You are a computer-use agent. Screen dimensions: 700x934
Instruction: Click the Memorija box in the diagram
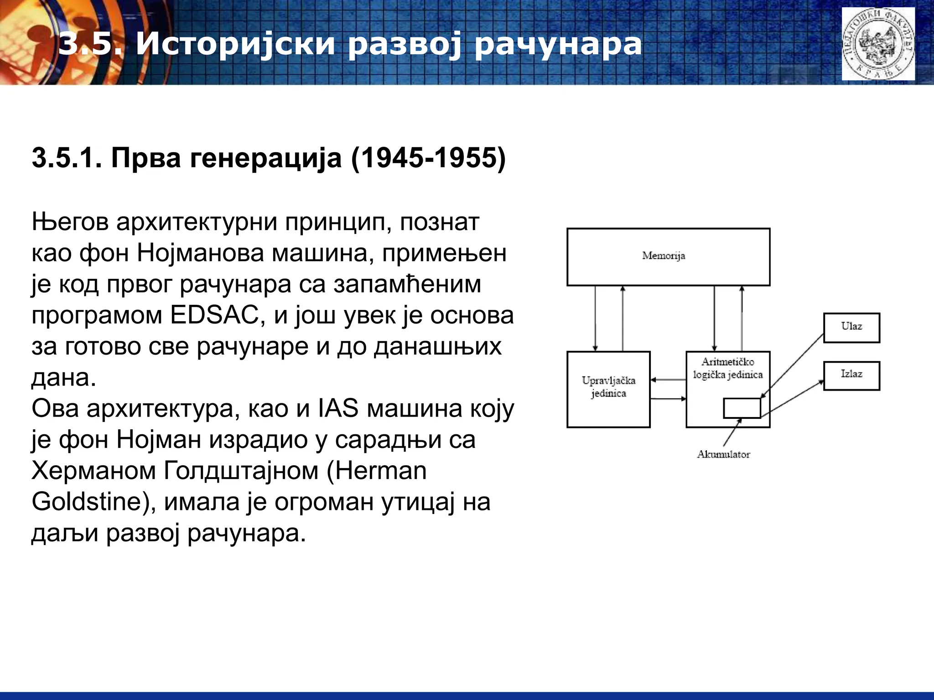tap(668, 257)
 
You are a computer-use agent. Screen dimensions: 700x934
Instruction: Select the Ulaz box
tap(851, 327)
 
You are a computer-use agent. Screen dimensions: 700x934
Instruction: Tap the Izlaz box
tap(851, 375)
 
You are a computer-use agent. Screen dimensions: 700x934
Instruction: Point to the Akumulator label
tap(723, 454)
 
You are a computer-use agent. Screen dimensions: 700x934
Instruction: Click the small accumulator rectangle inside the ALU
tap(742, 408)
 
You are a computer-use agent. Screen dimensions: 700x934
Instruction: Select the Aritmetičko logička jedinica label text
tap(728, 368)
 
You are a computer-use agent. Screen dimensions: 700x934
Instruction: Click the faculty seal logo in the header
tap(878, 44)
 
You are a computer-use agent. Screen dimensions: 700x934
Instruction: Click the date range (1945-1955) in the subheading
tap(429, 158)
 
